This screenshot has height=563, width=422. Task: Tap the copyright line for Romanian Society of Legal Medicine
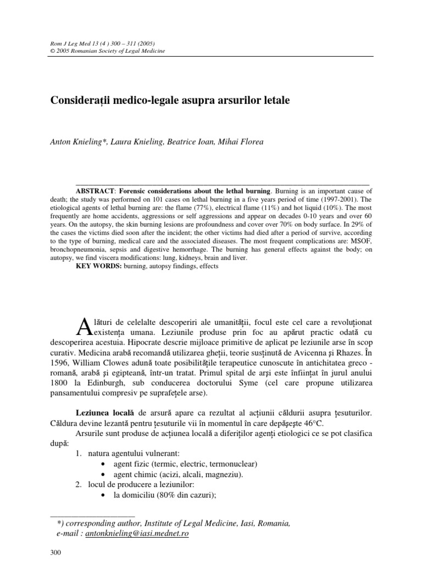click(99, 51)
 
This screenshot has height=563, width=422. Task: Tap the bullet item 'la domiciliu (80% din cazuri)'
click(171, 494)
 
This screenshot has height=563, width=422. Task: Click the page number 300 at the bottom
click(56, 553)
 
